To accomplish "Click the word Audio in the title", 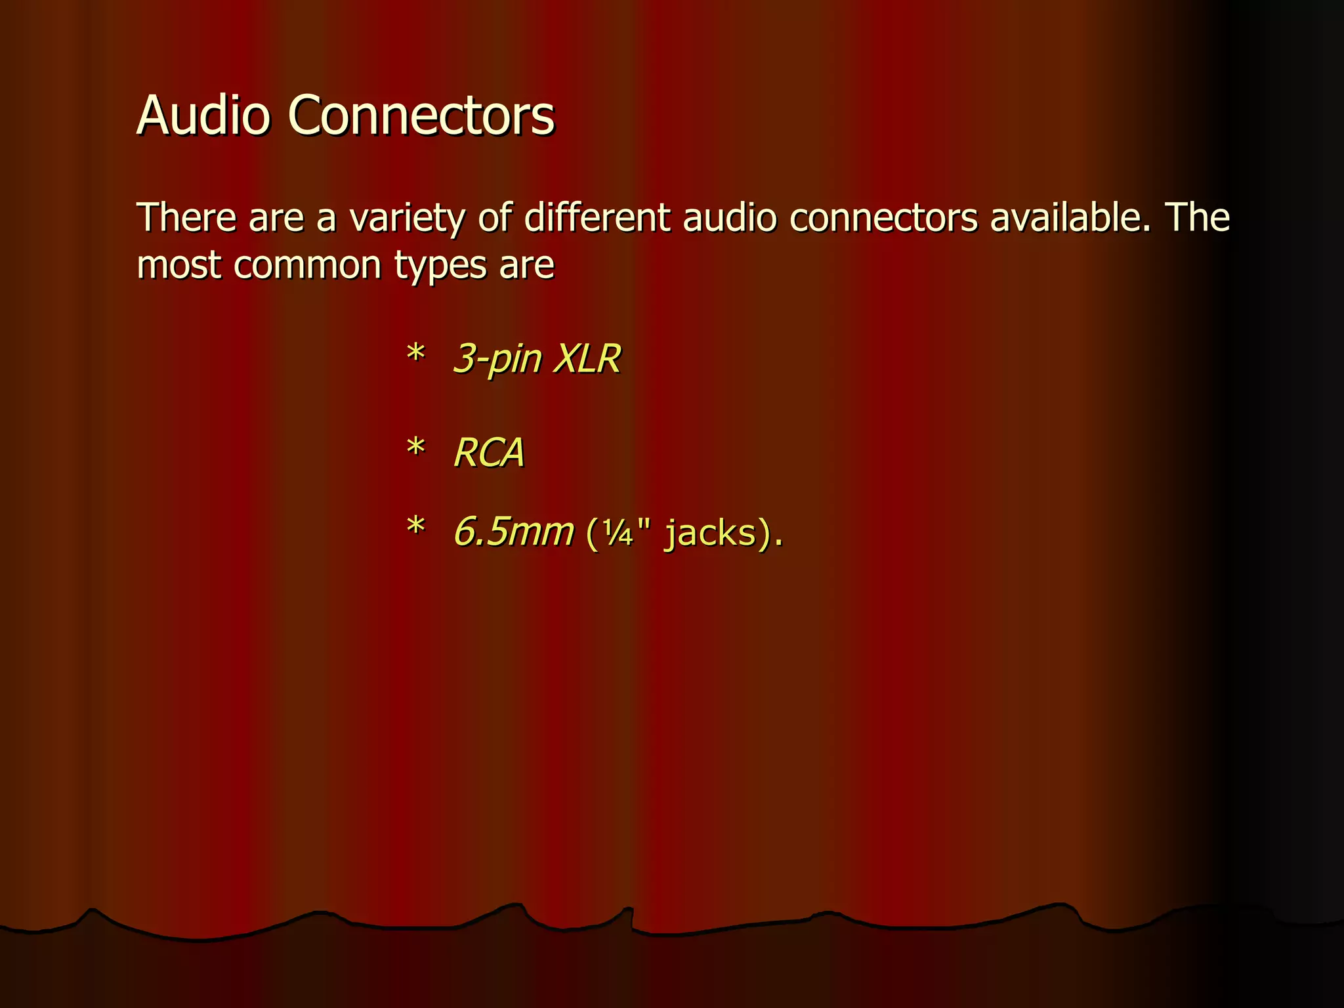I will pyautogui.click(x=203, y=115).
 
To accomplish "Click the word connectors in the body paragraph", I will pyautogui.click(x=884, y=218).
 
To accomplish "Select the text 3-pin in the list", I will pyautogui.click(x=498, y=360).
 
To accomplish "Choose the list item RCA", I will pyautogui.click(x=490, y=453).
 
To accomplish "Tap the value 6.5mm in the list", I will pyautogui.click(x=514, y=532).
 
